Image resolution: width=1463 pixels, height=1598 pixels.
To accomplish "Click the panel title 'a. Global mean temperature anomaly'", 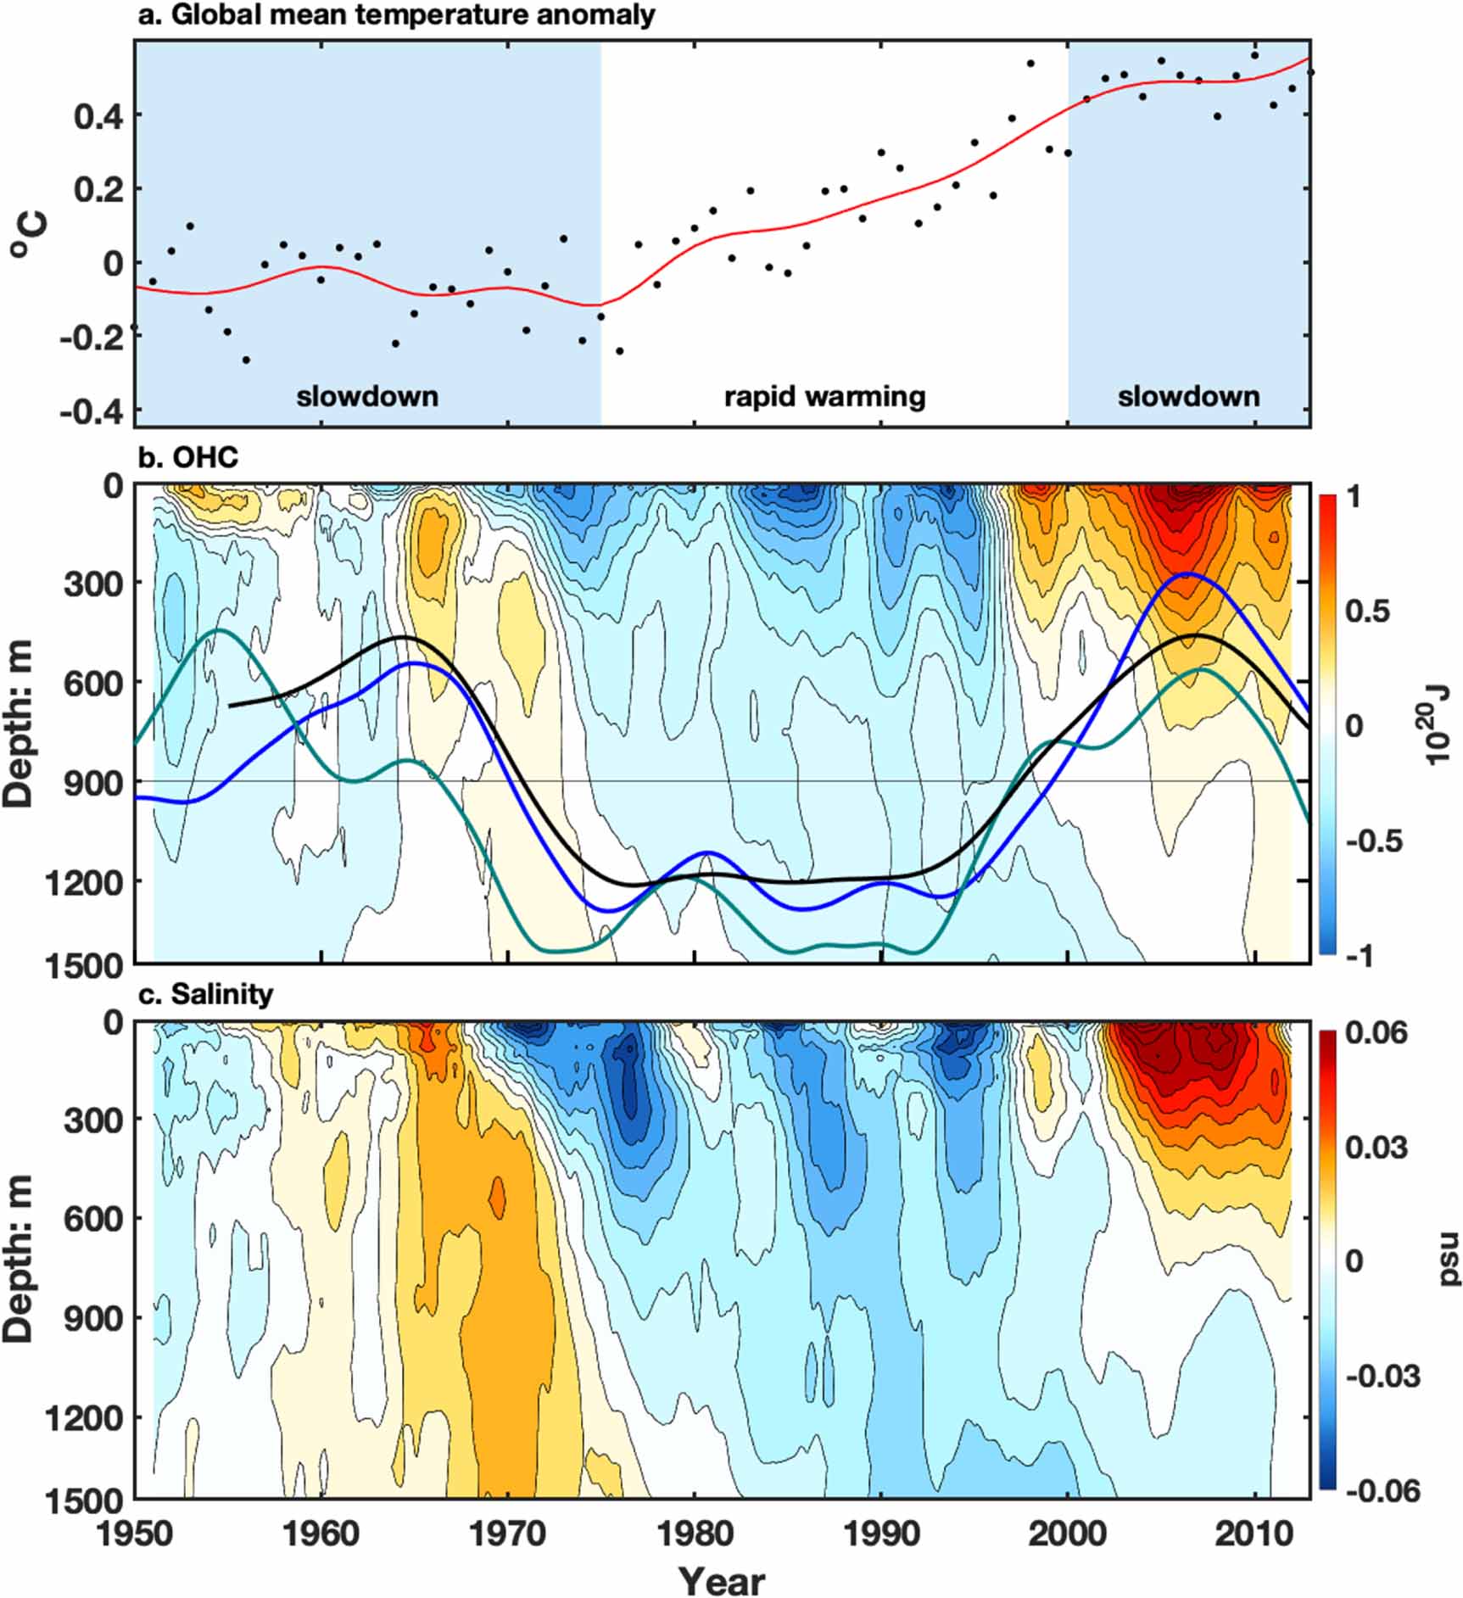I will pyautogui.click(x=397, y=15).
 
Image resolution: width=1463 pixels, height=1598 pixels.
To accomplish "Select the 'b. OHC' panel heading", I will pyautogui.click(x=188, y=457).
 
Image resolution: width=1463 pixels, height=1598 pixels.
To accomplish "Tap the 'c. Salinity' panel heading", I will pyautogui.click(x=205, y=993).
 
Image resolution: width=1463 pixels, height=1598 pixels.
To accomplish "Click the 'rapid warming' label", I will pyautogui.click(x=824, y=396).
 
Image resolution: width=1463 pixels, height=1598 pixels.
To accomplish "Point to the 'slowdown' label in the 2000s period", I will pyautogui.click(x=1188, y=396).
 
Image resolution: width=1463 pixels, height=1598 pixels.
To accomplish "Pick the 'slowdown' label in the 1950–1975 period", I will pyautogui.click(x=367, y=396).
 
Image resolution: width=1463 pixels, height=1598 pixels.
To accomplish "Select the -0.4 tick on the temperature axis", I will pyautogui.click(x=92, y=413).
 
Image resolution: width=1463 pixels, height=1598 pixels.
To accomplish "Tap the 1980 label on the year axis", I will pyautogui.click(x=695, y=1533).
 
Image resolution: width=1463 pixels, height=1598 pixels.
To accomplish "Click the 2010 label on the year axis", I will pyautogui.click(x=1255, y=1533).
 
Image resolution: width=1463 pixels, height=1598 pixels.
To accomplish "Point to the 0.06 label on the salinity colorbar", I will pyautogui.click(x=1376, y=1033).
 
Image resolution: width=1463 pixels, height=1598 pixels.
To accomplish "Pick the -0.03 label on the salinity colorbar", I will pyautogui.click(x=1382, y=1377).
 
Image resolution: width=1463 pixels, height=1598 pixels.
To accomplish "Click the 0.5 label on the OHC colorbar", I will pyautogui.click(x=1367, y=611).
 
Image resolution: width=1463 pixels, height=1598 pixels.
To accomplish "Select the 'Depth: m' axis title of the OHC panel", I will pyautogui.click(x=19, y=724).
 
